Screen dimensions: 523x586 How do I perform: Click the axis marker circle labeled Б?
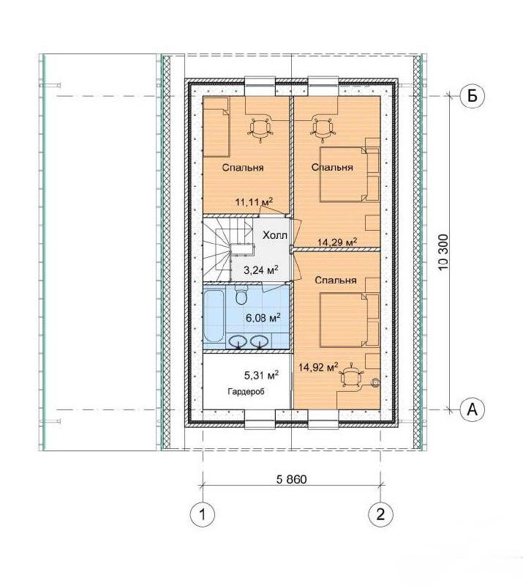[x=473, y=96]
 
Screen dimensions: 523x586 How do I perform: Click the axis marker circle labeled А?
[x=473, y=409]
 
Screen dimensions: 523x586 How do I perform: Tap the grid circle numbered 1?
[x=203, y=515]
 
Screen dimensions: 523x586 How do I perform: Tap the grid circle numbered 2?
[x=380, y=515]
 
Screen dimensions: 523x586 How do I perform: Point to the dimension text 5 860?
[x=292, y=479]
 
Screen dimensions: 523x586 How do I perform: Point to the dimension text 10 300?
[x=443, y=253]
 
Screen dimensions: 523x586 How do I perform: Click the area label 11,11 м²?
[x=254, y=201]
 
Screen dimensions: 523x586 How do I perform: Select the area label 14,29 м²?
[x=337, y=242]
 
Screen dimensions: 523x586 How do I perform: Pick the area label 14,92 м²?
[x=318, y=367]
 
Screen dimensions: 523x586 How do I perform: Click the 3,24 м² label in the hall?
[x=261, y=270]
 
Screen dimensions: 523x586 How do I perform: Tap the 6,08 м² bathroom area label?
[x=263, y=318]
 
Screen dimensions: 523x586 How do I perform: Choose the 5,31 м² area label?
[x=261, y=375]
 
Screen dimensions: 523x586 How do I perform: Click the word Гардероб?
[x=246, y=392]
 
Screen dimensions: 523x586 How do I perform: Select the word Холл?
[x=275, y=235]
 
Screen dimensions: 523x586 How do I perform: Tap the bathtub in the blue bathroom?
[x=214, y=317]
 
